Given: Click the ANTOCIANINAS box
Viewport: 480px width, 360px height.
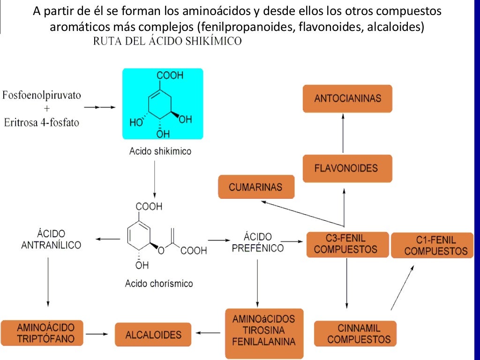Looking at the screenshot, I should [x=347, y=98].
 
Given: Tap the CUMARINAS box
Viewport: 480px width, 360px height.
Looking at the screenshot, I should [x=256, y=187].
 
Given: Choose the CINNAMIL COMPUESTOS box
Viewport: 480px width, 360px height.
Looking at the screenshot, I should [x=355, y=333].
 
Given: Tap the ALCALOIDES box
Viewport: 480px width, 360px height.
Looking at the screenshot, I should [x=153, y=335].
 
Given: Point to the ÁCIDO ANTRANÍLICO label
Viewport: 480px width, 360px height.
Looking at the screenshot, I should [x=51, y=239].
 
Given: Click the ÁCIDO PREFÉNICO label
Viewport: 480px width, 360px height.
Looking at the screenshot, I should [x=258, y=242].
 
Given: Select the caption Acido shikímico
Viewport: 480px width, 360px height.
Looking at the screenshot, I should [x=160, y=151].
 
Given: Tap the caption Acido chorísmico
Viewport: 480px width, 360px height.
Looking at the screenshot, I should [x=159, y=284].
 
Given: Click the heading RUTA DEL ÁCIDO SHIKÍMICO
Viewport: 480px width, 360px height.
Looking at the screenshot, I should [x=167, y=41].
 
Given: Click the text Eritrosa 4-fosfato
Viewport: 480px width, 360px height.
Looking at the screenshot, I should [x=42, y=123].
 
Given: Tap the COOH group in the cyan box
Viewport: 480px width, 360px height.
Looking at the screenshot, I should [x=170, y=75].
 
